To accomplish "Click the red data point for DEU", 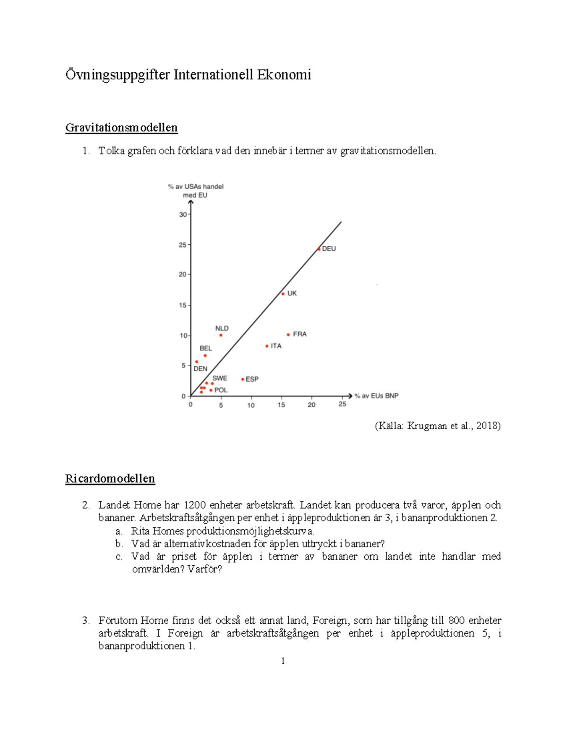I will (319, 249).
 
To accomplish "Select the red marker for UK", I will (283, 294).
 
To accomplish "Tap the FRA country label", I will (300, 334).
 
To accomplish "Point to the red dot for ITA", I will (267, 346).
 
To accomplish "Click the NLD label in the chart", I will (222, 328).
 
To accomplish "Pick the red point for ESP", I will (243, 379).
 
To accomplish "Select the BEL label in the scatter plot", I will (206, 348).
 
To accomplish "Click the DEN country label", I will (200, 369).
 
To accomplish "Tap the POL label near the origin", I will (221, 390).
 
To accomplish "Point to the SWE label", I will (220, 378).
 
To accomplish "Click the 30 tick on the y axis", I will (183, 215).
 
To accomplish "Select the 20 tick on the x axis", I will (311, 405).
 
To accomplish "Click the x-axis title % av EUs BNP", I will (377, 396).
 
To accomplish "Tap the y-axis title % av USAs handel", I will (196, 187).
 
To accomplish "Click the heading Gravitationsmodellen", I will (121, 128).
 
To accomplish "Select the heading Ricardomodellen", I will (110, 479).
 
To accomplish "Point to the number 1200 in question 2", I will (194, 505).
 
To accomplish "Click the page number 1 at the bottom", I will (283, 661).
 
